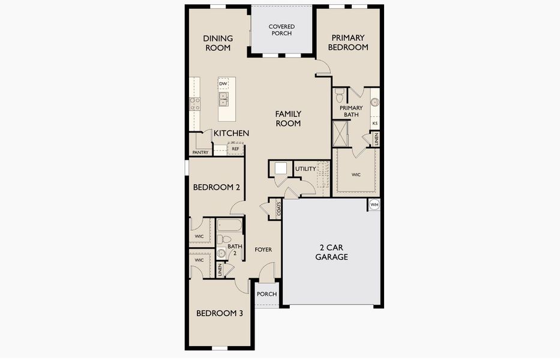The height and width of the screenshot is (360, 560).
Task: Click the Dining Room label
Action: click(218, 43)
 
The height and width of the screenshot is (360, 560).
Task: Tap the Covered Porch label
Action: click(282, 30)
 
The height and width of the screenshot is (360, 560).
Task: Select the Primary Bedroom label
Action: click(348, 43)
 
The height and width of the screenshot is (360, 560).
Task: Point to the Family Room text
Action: click(288, 119)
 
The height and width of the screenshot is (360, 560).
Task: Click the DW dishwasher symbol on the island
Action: click(223, 83)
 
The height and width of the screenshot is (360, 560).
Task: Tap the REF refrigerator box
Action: click(235, 149)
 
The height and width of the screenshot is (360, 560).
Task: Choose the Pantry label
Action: click(200, 152)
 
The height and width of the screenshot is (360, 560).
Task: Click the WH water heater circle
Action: click(374, 205)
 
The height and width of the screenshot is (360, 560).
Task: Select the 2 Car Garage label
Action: click(331, 252)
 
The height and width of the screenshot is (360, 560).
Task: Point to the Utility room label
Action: click(306, 169)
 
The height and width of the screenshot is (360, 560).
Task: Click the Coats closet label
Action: click(278, 209)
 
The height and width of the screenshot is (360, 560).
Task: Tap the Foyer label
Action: click(263, 250)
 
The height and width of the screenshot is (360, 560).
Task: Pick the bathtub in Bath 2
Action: click(230, 225)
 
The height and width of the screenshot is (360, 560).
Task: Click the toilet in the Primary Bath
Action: click(339, 95)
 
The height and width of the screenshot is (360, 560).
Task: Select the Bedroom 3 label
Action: click(220, 313)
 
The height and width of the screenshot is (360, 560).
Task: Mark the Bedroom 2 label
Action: click(217, 187)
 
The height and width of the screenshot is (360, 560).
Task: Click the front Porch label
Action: click(266, 294)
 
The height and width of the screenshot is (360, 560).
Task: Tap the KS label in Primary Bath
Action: click(375, 123)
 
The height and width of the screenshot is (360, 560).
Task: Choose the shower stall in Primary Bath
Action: click(340, 134)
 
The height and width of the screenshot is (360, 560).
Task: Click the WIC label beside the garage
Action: click(356, 175)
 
